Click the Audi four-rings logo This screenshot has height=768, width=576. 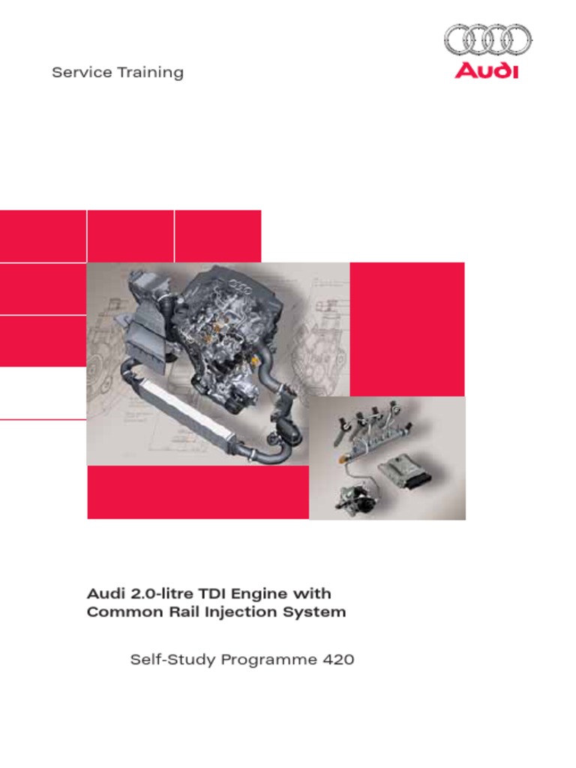(x=487, y=39)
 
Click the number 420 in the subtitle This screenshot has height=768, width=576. (x=338, y=660)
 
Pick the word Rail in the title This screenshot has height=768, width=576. (x=184, y=611)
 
